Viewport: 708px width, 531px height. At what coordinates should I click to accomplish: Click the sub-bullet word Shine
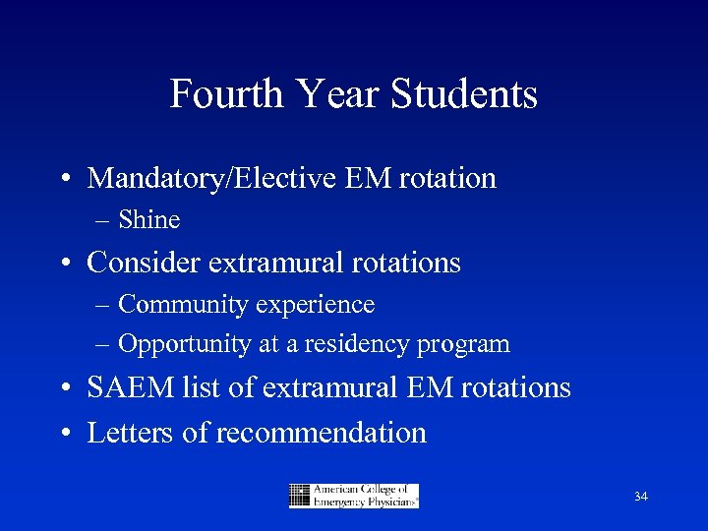tap(148, 220)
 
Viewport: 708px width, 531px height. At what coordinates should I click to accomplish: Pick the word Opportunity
tap(183, 344)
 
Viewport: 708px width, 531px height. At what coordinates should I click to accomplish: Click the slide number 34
tap(640, 497)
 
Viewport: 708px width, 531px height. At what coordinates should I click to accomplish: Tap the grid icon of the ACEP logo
tap(300, 496)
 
